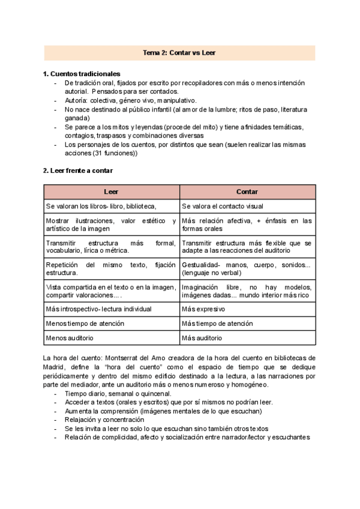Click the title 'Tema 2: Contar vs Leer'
click(179, 53)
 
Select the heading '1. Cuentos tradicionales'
click(82, 74)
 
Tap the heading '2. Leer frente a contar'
click(78, 170)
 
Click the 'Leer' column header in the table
click(111, 192)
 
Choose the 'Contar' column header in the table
click(247, 192)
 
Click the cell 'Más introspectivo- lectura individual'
click(98, 309)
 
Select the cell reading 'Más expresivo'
click(203, 309)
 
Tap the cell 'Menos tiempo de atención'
click(85, 324)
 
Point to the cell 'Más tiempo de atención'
click(217, 324)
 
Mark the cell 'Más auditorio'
click(202, 339)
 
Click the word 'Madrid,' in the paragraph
click(55, 367)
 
